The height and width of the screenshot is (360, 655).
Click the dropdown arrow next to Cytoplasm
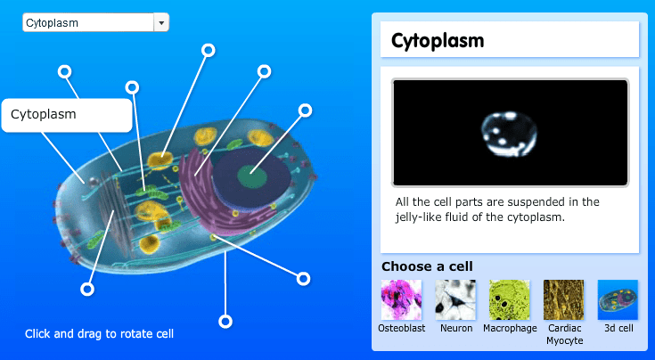pos(161,22)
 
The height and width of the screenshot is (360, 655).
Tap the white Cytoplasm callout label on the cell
pos(67,114)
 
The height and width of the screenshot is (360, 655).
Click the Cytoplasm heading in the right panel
pos(438,40)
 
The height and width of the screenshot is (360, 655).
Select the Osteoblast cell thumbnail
pos(401,299)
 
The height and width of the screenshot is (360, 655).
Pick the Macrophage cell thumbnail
pos(510,299)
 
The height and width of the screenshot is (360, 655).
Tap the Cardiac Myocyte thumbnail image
pos(564,299)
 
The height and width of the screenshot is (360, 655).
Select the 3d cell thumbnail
pos(618,299)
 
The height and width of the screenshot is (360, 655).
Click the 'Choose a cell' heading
pos(427,266)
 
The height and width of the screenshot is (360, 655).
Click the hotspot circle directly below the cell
pos(225,321)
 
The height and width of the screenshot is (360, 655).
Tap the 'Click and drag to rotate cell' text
pos(99,334)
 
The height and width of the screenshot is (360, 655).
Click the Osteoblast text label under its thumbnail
pos(401,328)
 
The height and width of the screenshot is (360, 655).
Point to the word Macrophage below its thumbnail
pos(510,328)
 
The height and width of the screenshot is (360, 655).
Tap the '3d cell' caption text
pos(618,328)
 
